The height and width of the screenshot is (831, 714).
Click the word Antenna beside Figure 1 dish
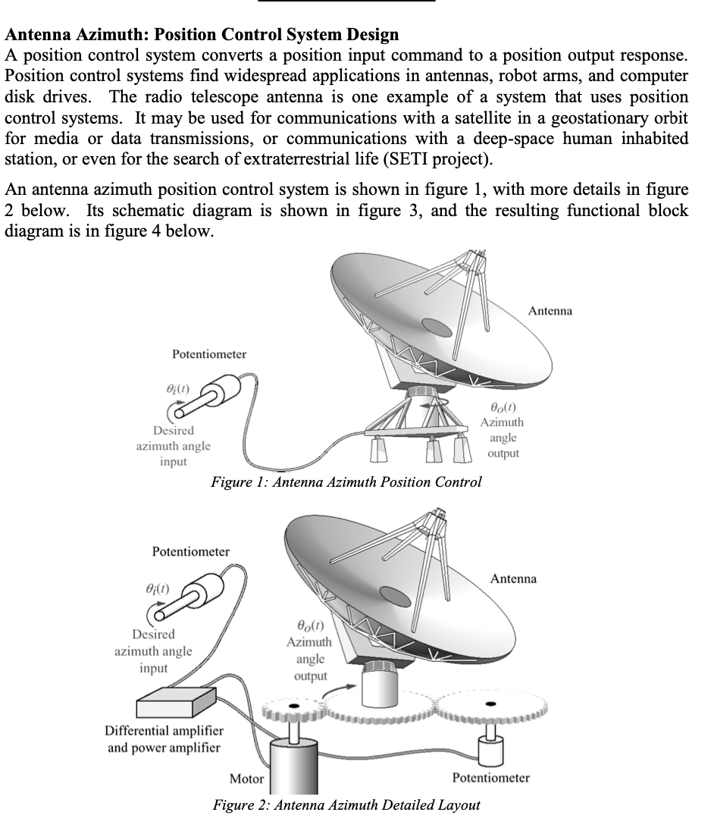[x=550, y=311]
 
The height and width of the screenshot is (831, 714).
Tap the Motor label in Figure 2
[x=247, y=779]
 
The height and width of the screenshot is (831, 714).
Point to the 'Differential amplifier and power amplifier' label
[x=163, y=738]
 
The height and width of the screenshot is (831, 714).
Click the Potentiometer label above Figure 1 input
[x=209, y=353]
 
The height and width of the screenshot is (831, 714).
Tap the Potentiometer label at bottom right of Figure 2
[x=490, y=778]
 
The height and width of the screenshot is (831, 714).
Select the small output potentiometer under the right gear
[x=492, y=753]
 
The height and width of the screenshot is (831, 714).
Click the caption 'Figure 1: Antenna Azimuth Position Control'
[x=346, y=482]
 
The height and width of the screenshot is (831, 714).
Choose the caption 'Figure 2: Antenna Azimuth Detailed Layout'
[x=346, y=804]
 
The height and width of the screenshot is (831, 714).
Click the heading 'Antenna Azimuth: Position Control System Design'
[x=202, y=35]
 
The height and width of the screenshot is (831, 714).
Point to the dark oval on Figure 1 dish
[x=437, y=326]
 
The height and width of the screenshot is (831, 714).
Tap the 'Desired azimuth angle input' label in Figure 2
[x=153, y=651]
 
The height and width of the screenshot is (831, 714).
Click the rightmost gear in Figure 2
[x=491, y=705]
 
